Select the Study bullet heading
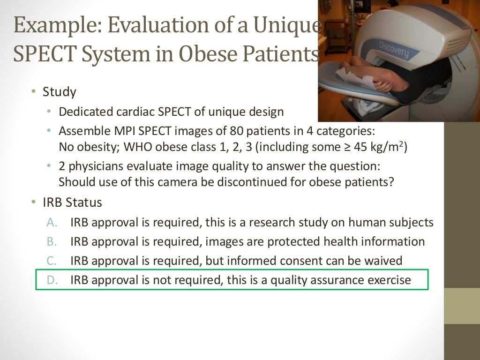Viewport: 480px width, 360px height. point(59,91)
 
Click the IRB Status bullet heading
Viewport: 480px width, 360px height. point(72,202)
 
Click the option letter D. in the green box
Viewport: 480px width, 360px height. point(52,280)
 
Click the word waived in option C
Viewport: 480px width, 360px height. point(384,261)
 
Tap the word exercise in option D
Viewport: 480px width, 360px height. point(389,280)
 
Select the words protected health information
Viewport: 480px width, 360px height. point(356,241)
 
